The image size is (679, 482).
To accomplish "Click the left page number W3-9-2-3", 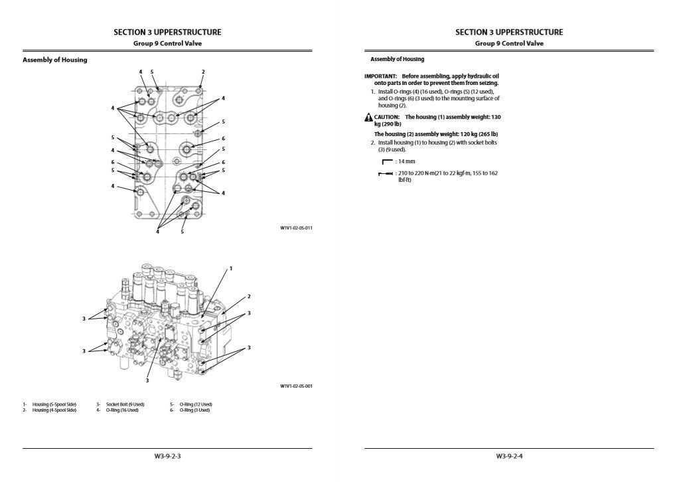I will (x=167, y=456).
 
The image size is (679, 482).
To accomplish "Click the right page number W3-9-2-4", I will (x=509, y=456).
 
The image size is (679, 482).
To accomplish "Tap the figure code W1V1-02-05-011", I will (x=296, y=228).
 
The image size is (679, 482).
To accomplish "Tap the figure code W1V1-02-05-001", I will (x=296, y=386).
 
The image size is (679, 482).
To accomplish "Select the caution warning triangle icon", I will (x=368, y=118).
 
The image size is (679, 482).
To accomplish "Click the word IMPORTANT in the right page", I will (x=380, y=76).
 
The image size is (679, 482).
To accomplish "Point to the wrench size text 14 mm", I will (x=406, y=161).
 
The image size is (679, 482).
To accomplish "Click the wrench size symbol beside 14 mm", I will (x=387, y=161).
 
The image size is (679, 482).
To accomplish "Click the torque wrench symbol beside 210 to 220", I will (x=386, y=174).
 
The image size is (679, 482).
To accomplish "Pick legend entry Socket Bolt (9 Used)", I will (x=125, y=404).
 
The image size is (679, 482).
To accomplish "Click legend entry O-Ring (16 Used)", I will (x=122, y=410).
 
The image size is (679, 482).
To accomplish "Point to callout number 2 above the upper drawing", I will (x=203, y=72).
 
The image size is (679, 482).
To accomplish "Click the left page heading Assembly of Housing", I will (x=54, y=60).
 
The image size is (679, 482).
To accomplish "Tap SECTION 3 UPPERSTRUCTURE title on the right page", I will (x=509, y=32).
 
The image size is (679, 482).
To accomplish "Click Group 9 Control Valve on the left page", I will (x=167, y=43).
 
